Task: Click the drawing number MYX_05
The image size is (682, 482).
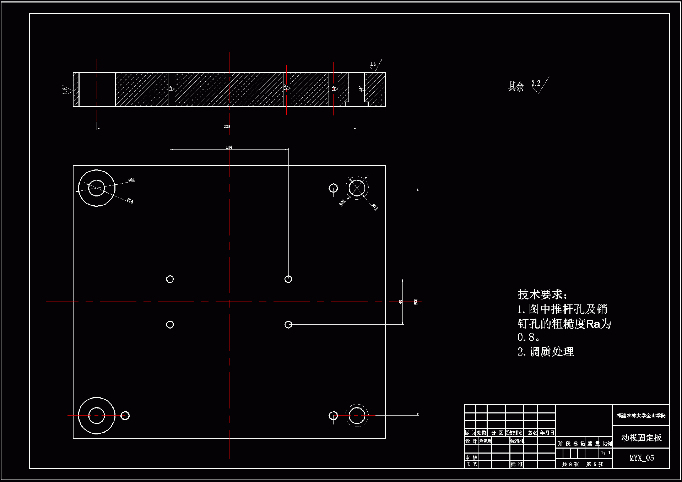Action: click(x=641, y=458)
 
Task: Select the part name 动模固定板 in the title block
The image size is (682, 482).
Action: click(x=641, y=438)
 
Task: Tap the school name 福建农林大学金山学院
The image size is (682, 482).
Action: click(x=641, y=415)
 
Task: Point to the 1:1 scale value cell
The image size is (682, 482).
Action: click(x=606, y=453)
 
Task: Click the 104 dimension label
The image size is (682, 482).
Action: click(x=229, y=147)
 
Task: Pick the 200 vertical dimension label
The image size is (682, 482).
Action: click(x=416, y=302)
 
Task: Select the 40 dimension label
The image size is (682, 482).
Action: click(x=400, y=302)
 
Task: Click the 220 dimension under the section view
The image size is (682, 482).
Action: click(x=227, y=127)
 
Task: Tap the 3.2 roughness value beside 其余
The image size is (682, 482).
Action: click(x=536, y=83)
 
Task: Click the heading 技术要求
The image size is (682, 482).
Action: click(x=542, y=294)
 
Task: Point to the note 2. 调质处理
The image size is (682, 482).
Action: click(x=546, y=352)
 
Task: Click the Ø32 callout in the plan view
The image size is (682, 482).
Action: click(x=131, y=180)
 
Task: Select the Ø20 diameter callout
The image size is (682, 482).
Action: click(x=342, y=202)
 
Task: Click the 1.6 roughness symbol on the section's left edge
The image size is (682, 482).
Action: click(x=65, y=90)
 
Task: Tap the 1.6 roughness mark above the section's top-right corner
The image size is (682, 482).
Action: click(x=373, y=65)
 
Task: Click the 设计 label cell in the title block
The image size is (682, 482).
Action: click(x=471, y=441)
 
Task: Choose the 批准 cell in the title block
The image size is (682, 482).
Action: click(x=516, y=464)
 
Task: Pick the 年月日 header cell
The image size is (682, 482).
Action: click(x=547, y=433)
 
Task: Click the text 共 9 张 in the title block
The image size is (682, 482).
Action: click(x=570, y=464)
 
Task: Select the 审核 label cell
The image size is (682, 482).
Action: click(x=471, y=457)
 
